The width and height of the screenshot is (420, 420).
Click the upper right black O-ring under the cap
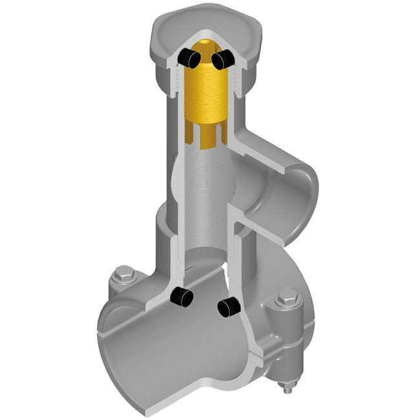[x=222, y=60]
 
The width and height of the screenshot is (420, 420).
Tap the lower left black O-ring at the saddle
[x=181, y=297]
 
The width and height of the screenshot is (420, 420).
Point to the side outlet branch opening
[x=294, y=191]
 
